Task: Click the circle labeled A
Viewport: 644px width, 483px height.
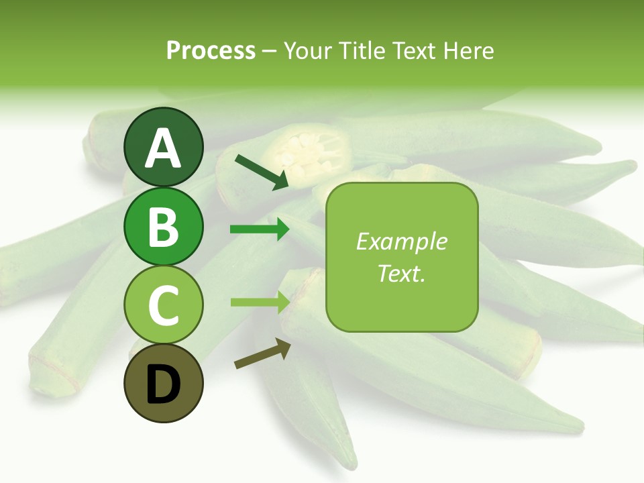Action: pos(164,147)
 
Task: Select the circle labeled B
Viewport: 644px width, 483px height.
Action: pos(164,226)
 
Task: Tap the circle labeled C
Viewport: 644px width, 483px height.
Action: pos(164,305)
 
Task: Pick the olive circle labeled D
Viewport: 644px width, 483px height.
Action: pos(164,383)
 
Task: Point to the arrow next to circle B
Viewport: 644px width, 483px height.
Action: pos(260,229)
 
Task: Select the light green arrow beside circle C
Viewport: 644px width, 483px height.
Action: pos(260,302)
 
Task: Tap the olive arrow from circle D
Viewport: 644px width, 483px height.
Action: pos(262,354)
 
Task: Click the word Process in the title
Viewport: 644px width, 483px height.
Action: pos(211,50)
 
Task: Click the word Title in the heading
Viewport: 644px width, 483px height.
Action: pos(362,50)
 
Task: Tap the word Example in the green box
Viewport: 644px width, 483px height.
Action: pos(402,242)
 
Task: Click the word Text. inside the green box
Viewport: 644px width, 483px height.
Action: pos(402,273)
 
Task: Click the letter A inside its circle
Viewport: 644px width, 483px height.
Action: pos(164,148)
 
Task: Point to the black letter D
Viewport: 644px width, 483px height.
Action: pos(164,385)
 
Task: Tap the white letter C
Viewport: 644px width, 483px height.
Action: pos(164,306)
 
